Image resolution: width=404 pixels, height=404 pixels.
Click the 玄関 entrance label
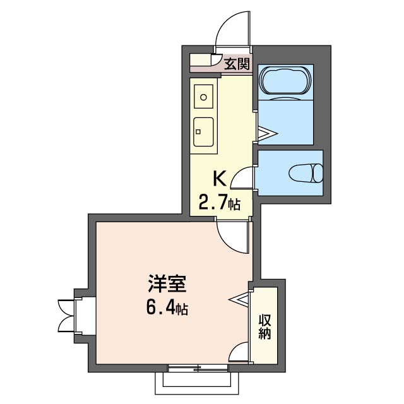pos(237,64)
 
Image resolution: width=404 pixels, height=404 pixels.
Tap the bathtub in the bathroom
pos(285,80)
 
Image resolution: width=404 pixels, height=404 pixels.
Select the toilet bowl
pos(306,173)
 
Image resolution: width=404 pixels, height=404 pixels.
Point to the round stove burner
pos(203,97)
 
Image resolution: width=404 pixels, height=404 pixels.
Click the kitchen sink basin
pos(203,132)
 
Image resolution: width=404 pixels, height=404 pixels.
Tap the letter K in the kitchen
pos(220,178)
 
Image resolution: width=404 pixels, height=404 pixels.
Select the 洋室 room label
pos(167,284)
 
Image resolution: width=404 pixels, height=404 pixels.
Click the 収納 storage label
pos(265,327)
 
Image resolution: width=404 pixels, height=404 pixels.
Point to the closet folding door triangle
pos(239,299)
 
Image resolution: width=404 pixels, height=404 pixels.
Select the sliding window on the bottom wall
pos(198,368)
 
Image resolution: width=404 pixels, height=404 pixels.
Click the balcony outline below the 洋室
pos(197,394)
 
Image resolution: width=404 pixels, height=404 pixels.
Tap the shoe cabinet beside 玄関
pos(201,60)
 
